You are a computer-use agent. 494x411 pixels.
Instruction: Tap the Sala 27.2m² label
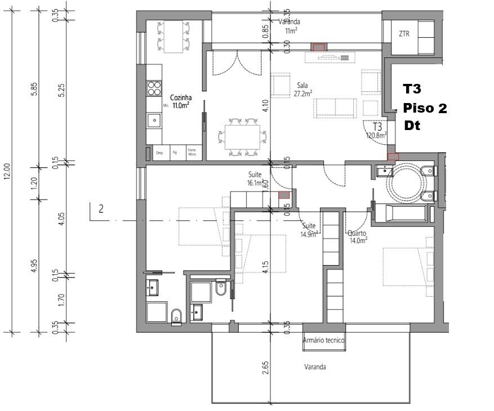[x=305, y=90]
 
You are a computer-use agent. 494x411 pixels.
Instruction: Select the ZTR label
[x=404, y=34]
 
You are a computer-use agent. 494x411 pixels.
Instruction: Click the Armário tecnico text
[x=323, y=341]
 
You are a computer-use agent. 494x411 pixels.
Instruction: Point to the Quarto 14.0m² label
[x=358, y=236]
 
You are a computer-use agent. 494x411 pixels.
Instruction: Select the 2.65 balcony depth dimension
[x=266, y=368]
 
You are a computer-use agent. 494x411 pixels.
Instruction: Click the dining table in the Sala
[x=242, y=137]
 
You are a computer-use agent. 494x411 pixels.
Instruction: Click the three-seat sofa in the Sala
[x=336, y=108]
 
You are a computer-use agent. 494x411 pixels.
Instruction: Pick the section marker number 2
[x=101, y=209]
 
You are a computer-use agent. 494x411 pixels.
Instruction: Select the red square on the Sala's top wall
[x=319, y=47]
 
